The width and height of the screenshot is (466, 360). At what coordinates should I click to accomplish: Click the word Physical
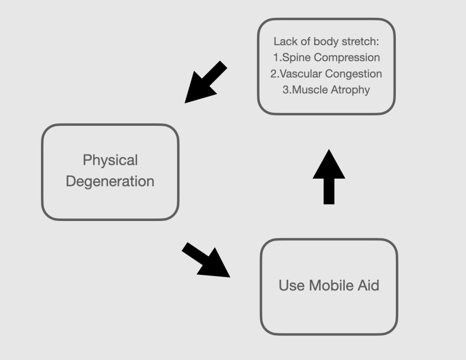click(110, 160)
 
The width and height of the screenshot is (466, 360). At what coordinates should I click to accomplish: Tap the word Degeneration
click(110, 181)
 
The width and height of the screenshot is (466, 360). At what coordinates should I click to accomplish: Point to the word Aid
click(368, 286)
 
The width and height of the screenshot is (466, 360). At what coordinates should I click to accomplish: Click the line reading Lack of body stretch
click(326, 41)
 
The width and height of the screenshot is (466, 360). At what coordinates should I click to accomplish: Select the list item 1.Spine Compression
click(326, 58)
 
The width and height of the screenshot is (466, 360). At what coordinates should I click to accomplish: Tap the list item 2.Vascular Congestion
click(326, 74)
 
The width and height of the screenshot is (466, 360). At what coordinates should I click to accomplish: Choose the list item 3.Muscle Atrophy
click(326, 90)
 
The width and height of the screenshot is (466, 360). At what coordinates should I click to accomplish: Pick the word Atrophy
click(351, 90)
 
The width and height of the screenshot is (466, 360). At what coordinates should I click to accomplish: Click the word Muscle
click(311, 90)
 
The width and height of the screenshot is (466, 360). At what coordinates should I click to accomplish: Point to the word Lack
click(283, 41)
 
